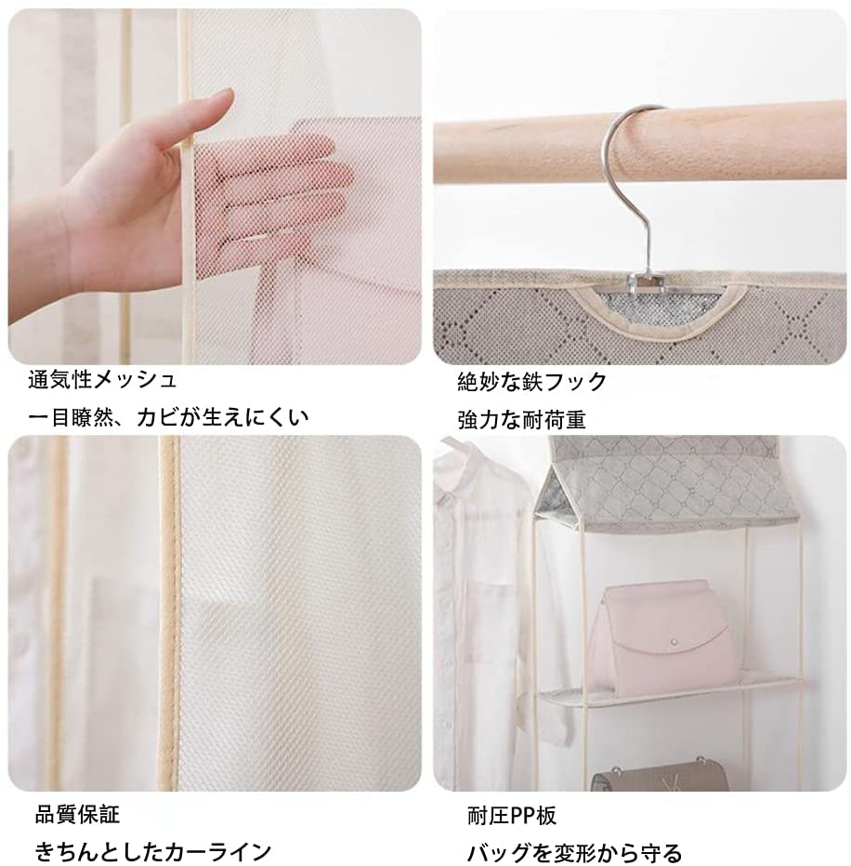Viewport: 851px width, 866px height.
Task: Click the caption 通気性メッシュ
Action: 102,380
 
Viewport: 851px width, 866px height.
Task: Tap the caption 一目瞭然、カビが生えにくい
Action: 168,416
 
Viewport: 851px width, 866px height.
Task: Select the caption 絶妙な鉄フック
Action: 531,382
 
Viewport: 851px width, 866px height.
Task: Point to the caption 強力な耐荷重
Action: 521,420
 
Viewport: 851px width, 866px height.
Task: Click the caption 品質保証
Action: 77,814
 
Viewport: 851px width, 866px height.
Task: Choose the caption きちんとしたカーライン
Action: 153,852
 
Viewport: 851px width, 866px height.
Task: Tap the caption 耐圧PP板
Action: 512,815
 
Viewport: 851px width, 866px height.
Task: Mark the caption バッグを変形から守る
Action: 574,853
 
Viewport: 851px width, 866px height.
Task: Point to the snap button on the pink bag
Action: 674,641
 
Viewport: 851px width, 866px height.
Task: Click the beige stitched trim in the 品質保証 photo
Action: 168,613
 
